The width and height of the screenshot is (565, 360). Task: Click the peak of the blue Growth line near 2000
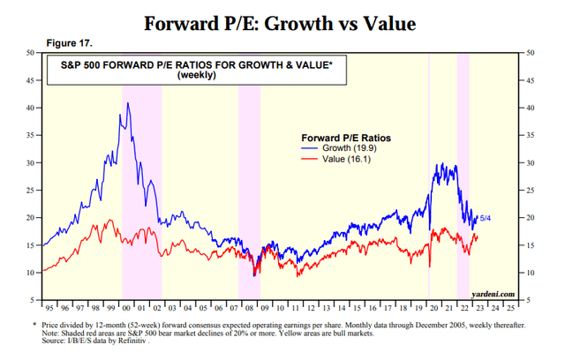click(128, 103)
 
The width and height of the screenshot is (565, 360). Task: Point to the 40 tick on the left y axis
click(29, 108)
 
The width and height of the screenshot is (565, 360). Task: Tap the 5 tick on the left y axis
click(31, 300)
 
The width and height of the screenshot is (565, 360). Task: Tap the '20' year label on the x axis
click(429, 310)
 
